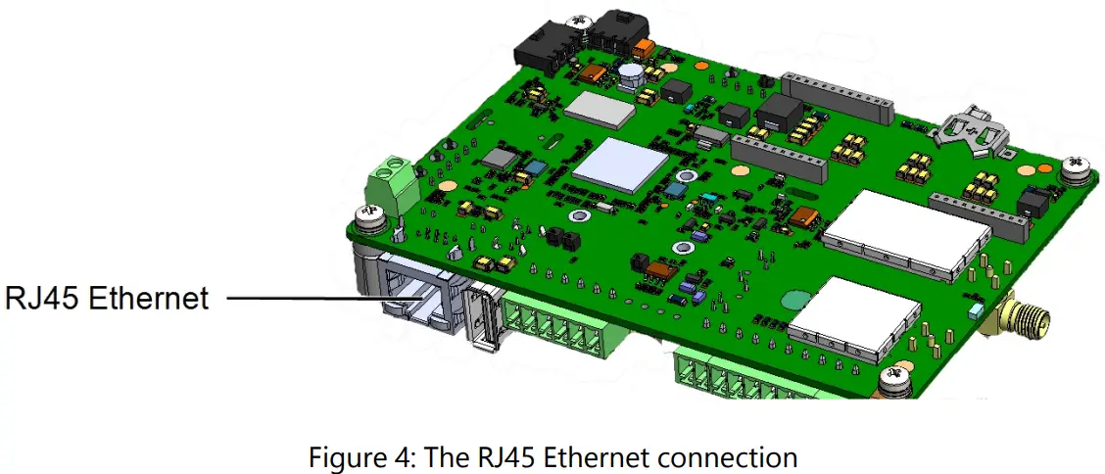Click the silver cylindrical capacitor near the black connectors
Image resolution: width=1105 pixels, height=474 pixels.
pyautogui.click(x=630, y=76)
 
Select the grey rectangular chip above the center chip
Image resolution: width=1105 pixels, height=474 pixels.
pyautogui.click(x=600, y=107)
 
